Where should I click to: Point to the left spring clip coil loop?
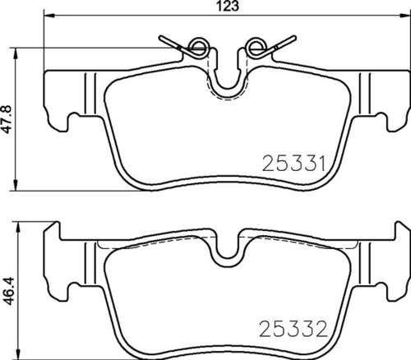point(197,47)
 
